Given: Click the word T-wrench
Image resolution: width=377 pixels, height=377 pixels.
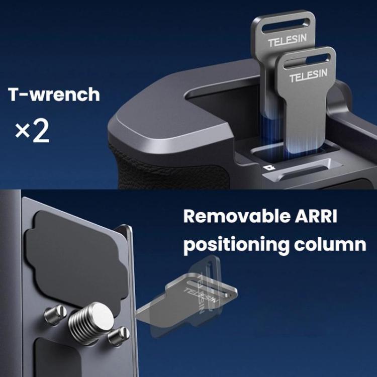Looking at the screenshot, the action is click(54, 94).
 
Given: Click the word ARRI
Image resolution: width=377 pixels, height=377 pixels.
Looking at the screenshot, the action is click(316, 216).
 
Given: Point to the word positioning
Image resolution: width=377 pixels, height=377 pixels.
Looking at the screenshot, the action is click(236, 245).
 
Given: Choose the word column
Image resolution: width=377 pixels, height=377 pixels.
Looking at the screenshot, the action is click(330, 244).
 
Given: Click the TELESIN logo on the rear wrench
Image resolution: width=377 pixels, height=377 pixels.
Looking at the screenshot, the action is click(288, 40).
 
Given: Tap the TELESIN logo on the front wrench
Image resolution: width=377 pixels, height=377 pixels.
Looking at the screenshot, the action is click(308, 75).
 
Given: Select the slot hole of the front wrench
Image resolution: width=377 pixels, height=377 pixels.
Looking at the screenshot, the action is click(305, 60).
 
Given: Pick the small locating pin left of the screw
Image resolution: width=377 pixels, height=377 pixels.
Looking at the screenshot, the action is click(55, 315).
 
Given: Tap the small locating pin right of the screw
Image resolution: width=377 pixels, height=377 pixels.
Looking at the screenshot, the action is click(119, 336).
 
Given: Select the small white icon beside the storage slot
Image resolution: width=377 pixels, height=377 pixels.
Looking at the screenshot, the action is click(266, 168).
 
